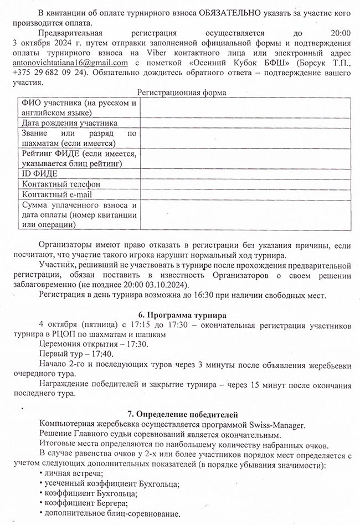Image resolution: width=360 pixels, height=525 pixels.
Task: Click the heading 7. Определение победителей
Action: point(182,414)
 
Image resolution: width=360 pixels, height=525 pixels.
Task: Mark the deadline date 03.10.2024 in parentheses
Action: point(166,284)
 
